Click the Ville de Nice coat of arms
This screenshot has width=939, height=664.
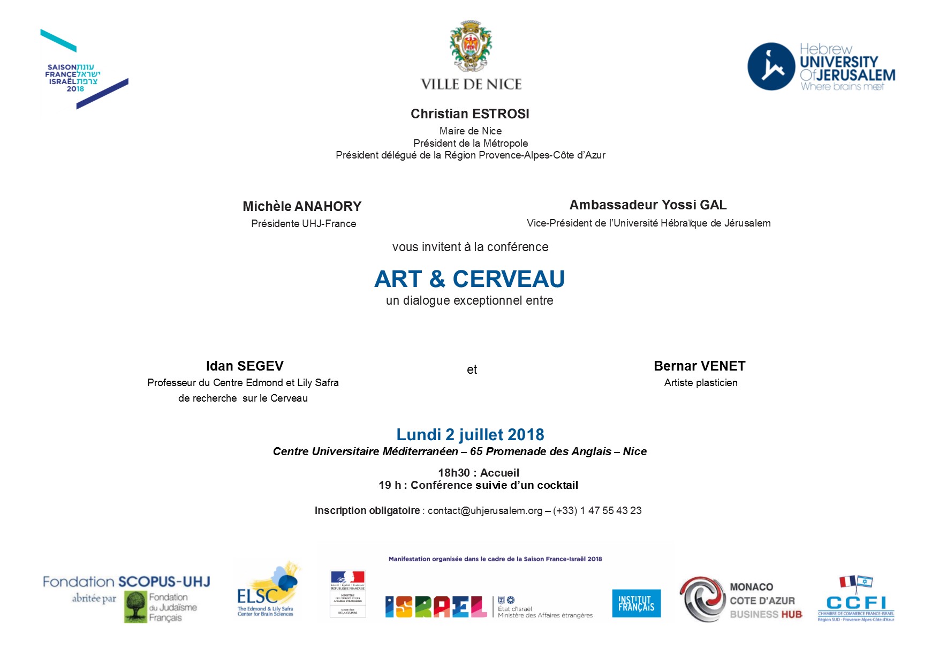point(471,46)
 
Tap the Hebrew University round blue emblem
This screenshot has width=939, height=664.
point(770,66)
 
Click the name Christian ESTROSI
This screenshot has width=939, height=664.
point(470,114)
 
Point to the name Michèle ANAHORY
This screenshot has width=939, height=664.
point(302,206)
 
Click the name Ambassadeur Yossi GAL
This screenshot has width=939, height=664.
point(648,205)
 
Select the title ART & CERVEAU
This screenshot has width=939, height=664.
point(470,278)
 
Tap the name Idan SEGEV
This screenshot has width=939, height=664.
point(245,366)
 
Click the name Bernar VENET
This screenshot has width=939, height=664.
point(699,366)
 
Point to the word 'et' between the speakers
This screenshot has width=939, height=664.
point(472,369)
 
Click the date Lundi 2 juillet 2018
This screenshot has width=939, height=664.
point(470,434)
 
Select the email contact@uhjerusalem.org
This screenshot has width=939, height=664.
point(485,511)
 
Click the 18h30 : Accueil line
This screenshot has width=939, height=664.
point(478,473)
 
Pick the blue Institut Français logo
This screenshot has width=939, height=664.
point(636,603)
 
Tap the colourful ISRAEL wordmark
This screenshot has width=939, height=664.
point(435,607)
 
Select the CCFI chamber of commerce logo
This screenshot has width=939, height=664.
point(855,600)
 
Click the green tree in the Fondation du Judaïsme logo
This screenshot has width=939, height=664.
point(136,607)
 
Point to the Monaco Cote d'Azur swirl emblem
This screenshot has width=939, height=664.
point(702,599)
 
